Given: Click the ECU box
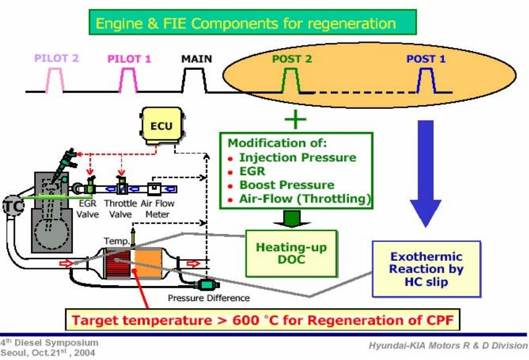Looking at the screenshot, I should point(161,126).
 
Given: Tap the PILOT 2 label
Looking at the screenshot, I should point(57,59).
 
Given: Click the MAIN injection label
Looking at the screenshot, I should point(196,59).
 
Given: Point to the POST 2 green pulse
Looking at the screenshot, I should point(291,80).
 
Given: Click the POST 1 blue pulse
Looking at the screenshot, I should point(425,80).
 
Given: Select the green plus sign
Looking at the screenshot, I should point(296,119).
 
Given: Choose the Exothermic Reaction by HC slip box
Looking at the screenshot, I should point(426,268).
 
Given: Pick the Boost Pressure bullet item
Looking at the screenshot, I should point(286,185).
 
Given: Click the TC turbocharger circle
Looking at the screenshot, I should point(12,205).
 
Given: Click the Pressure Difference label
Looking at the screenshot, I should point(209,298).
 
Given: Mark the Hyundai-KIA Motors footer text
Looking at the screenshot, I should point(448,345).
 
